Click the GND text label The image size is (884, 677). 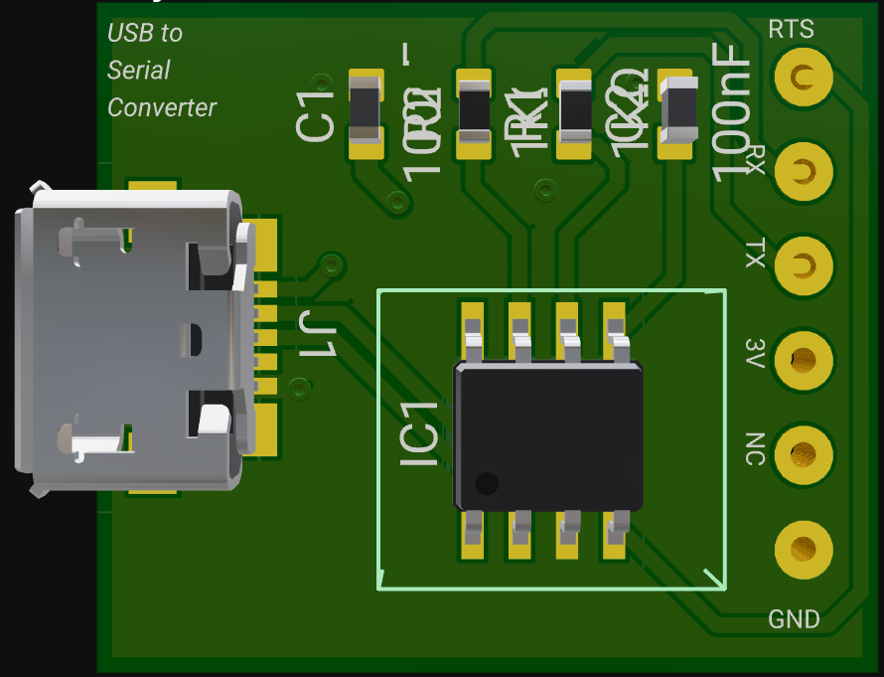794,620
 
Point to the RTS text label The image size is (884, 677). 791,30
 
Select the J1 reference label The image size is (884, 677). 319,335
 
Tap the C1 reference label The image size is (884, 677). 316,112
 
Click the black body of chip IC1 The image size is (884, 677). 547,435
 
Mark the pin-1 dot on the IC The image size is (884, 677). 487,484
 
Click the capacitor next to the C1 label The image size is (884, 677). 366,111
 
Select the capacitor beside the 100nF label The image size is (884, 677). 676,111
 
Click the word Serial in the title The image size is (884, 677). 138,71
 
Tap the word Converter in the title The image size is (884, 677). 162,107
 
